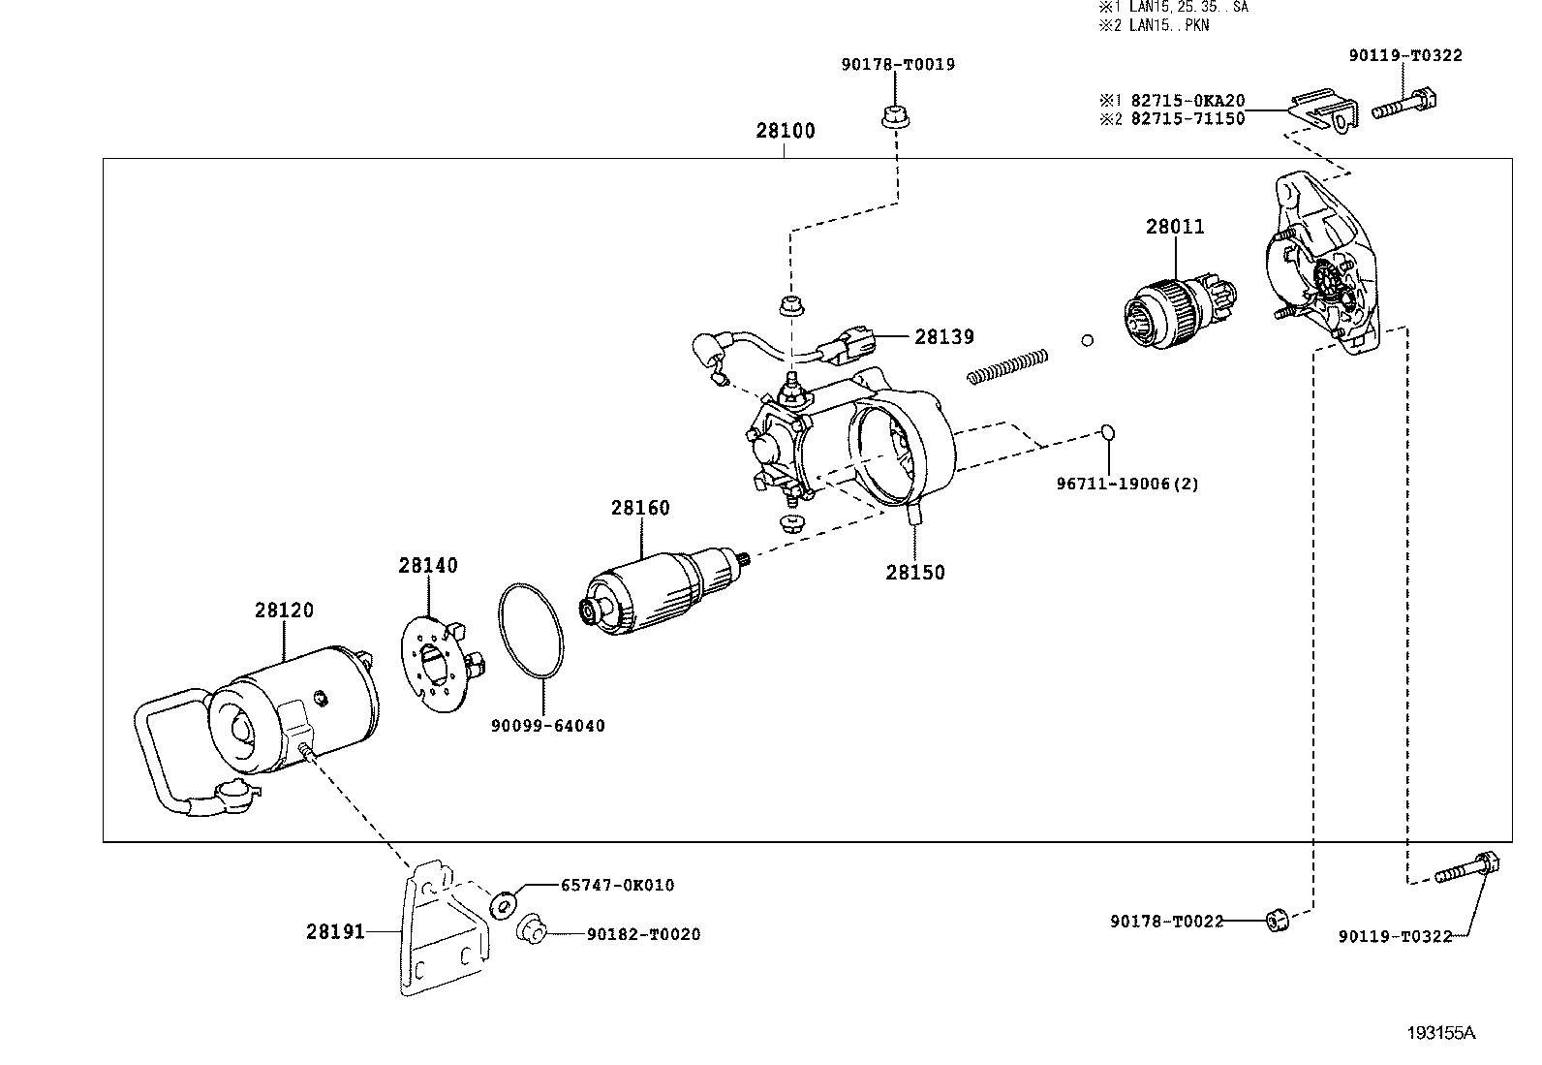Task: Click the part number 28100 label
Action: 785,130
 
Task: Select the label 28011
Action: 1174,227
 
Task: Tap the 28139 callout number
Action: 943,337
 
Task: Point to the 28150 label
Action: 915,573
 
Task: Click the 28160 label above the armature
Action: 640,508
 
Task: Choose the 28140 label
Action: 427,566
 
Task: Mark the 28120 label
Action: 284,611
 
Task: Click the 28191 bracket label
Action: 335,932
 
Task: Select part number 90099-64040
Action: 548,726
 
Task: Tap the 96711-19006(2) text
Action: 1127,485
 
